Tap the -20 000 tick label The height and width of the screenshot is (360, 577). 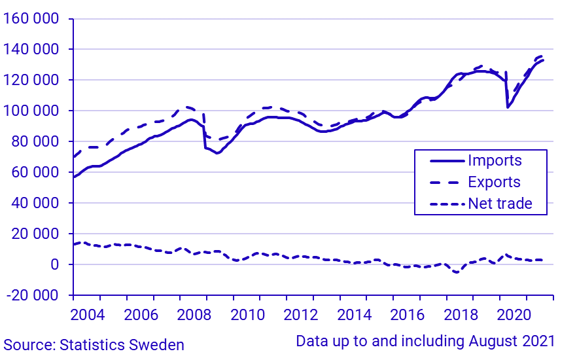[33, 295]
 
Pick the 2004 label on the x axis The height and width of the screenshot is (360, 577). [87, 314]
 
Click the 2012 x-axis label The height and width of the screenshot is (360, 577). [299, 314]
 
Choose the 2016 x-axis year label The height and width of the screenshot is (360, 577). [406, 314]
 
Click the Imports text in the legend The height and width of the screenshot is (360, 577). [495, 160]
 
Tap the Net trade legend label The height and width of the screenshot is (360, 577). [500, 204]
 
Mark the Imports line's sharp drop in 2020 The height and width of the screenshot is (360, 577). [508, 107]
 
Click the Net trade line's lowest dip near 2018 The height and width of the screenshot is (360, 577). [456, 272]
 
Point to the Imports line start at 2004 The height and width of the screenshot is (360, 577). [75, 177]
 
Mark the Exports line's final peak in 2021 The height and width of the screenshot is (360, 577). [542, 56]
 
